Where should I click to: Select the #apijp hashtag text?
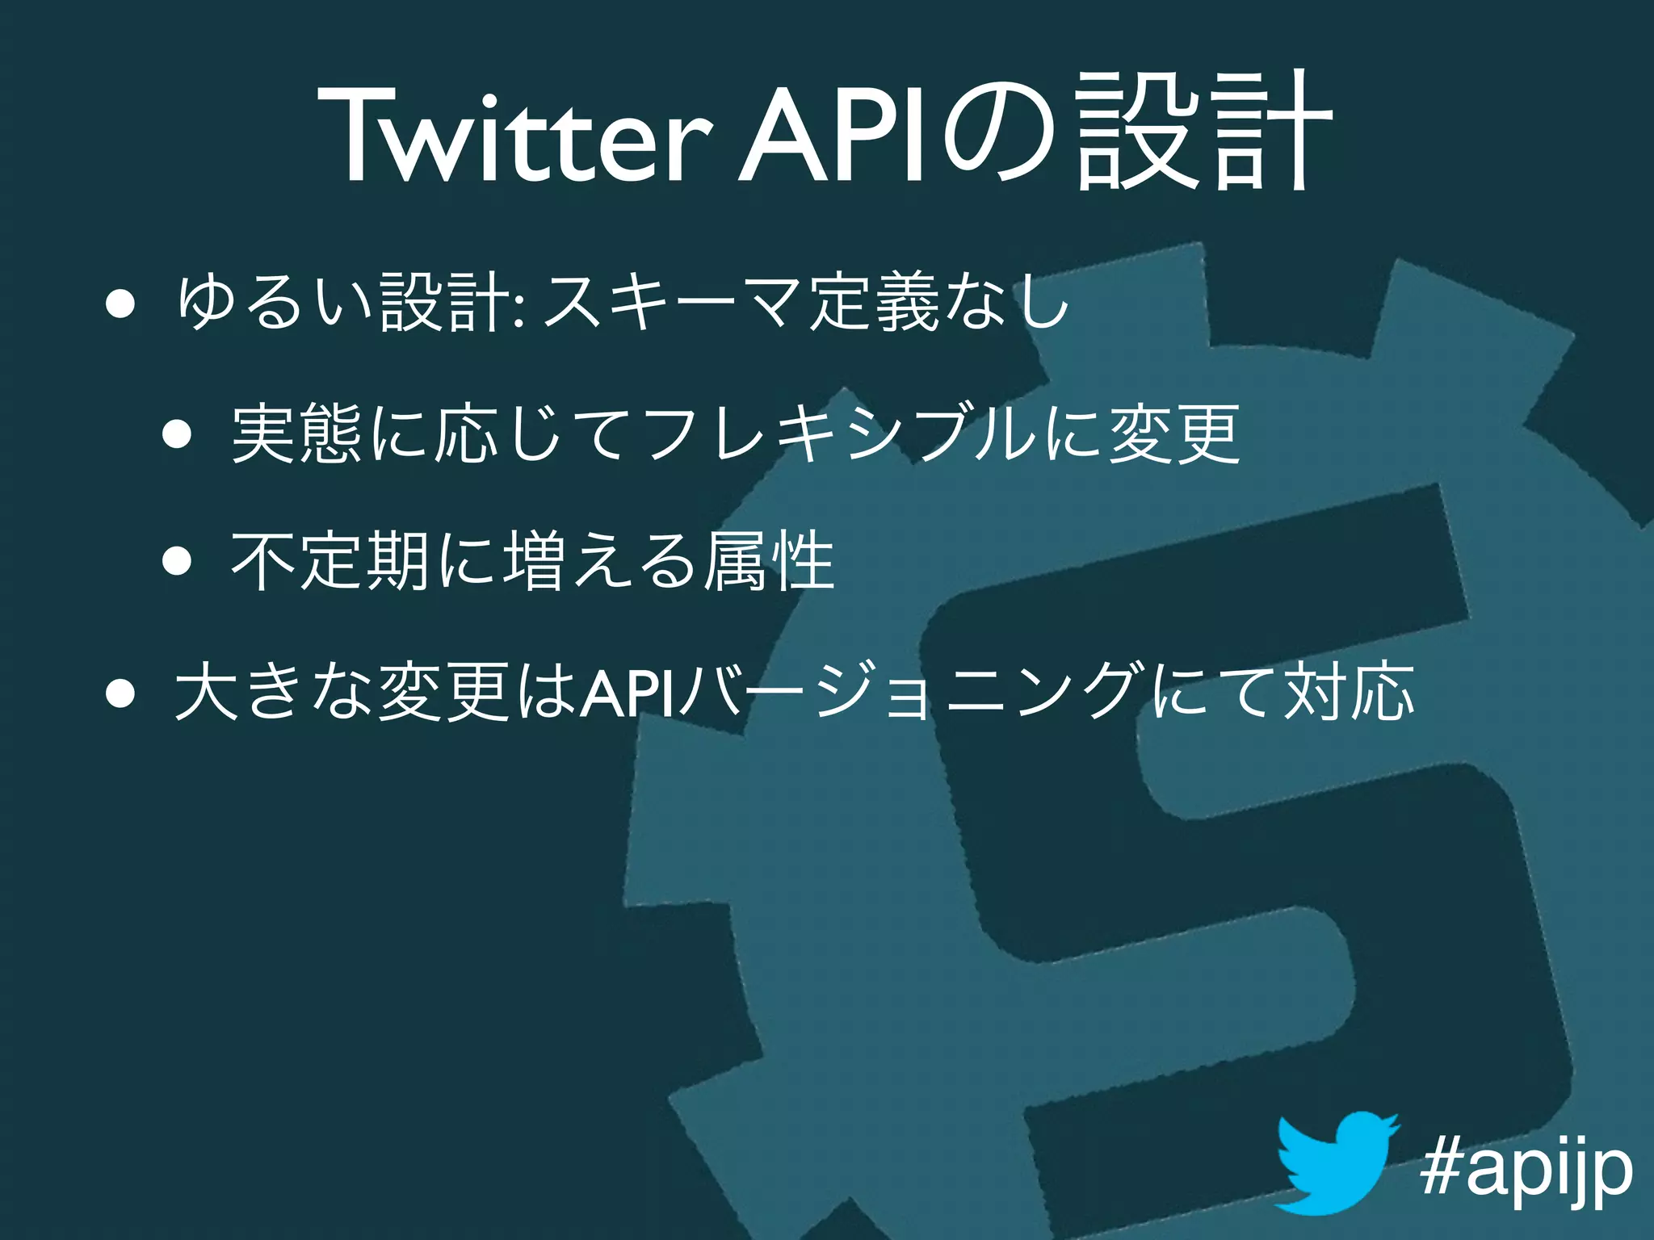click(1526, 1169)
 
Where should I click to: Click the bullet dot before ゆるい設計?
click(119, 306)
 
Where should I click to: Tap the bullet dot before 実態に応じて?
click(176, 435)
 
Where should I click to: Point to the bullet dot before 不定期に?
click(176, 560)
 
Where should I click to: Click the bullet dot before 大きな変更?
click(119, 692)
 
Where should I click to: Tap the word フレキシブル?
click(840, 435)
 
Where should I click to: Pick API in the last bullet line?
click(628, 692)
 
